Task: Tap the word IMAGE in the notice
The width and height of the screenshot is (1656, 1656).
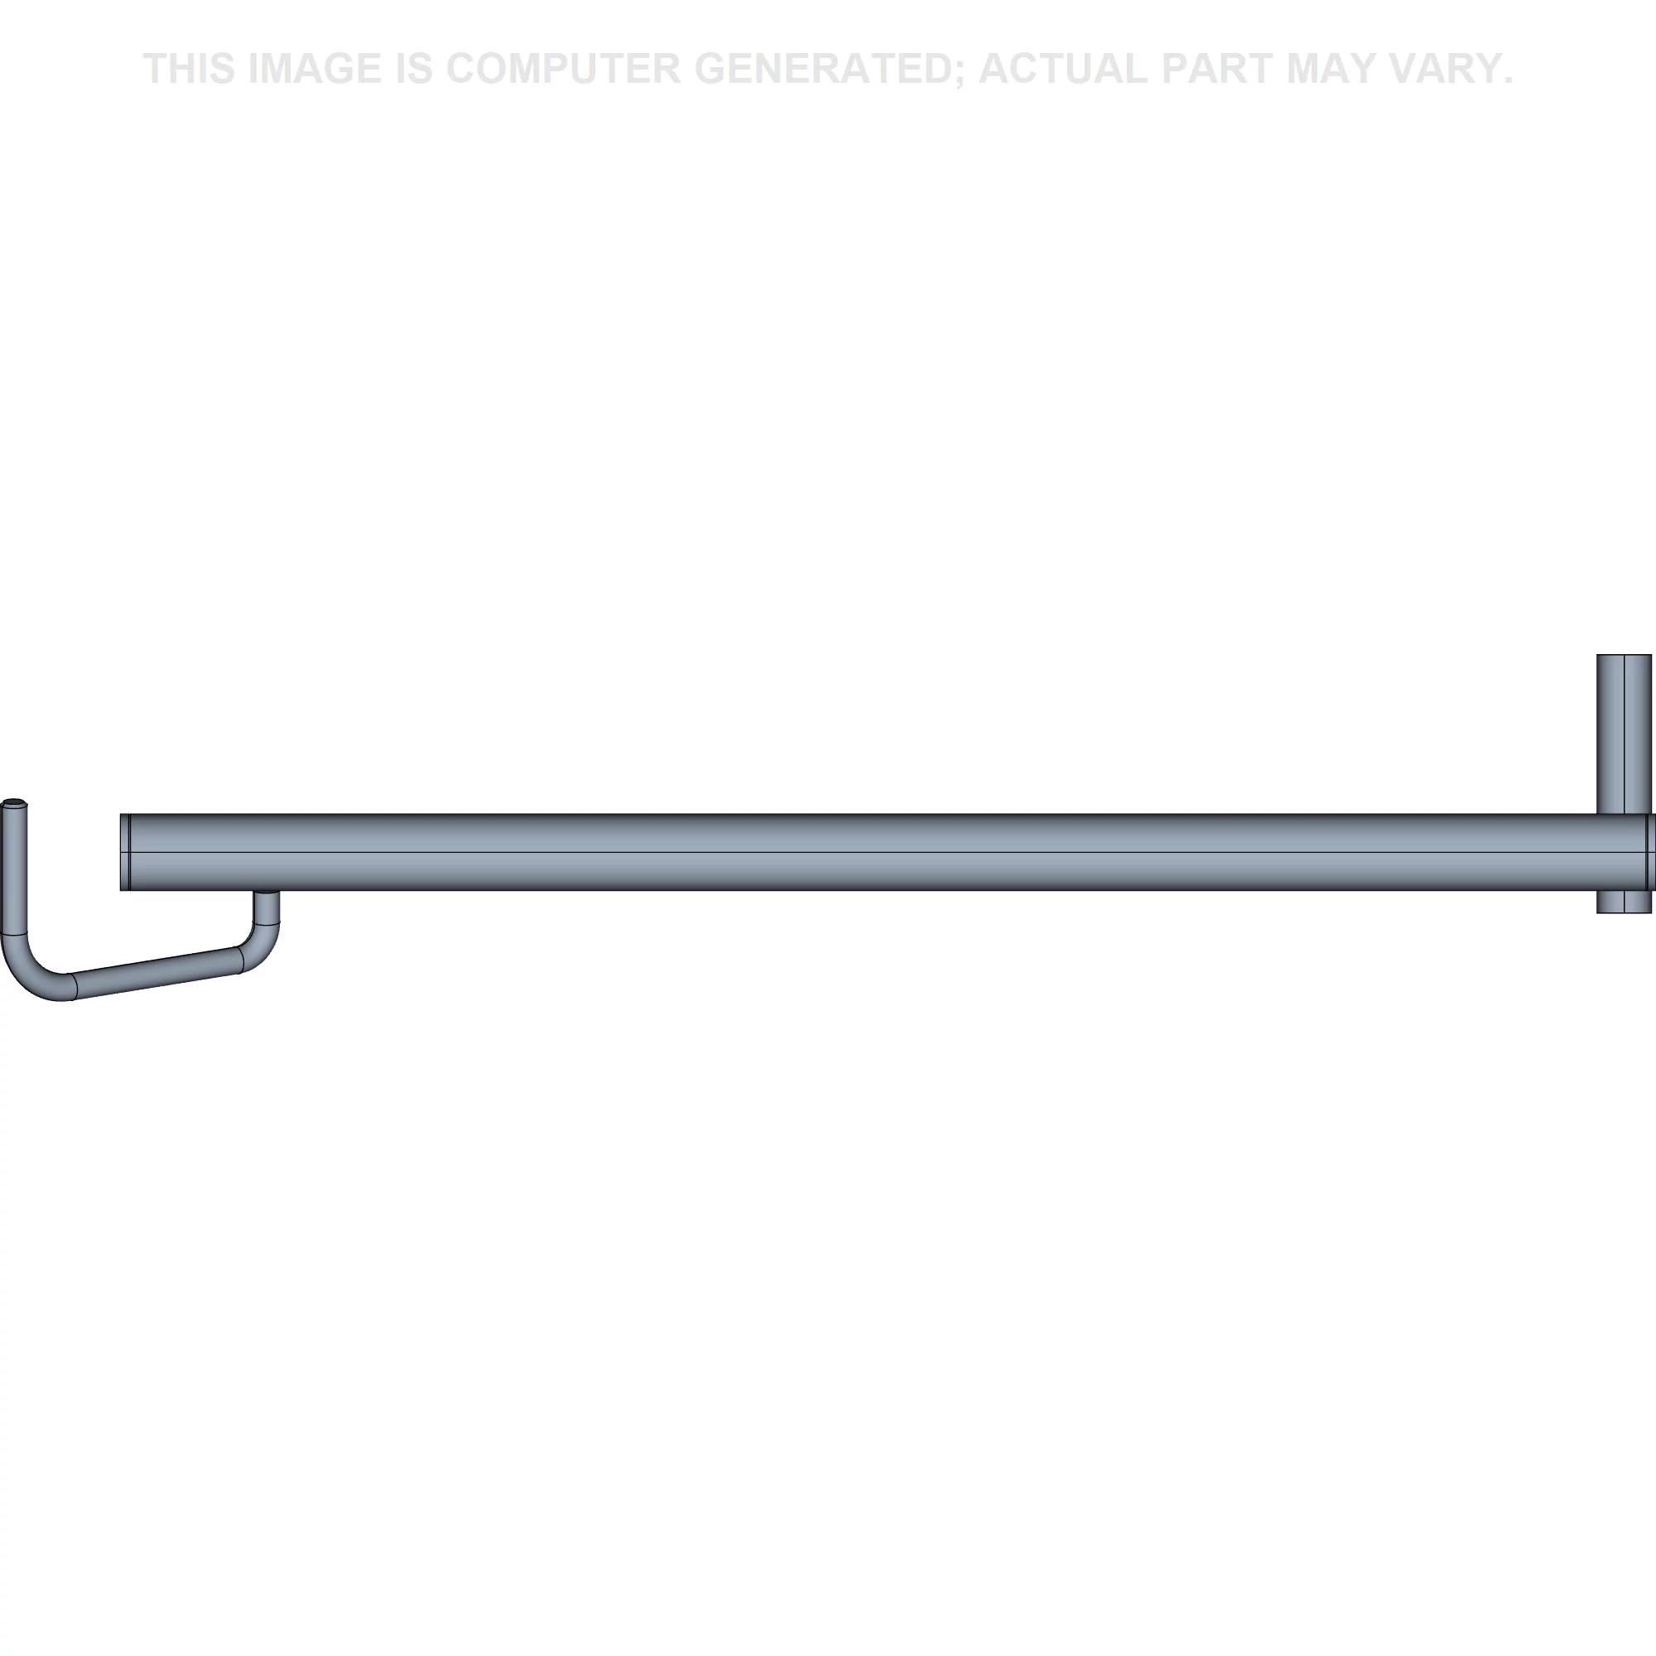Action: pyautogui.click(x=315, y=69)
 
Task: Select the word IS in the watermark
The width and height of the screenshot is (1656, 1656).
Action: pyautogui.click(x=414, y=69)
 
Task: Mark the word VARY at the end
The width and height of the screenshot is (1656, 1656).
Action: pyautogui.click(x=1444, y=69)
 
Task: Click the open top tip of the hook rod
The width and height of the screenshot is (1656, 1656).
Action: pyautogui.click(x=15, y=804)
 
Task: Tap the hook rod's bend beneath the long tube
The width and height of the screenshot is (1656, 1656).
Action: pyautogui.click(x=262, y=946)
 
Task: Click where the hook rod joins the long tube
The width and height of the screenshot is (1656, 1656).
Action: pyautogui.click(x=266, y=893)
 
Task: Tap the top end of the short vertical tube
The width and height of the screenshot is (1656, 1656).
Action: pyautogui.click(x=1624, y=657)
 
